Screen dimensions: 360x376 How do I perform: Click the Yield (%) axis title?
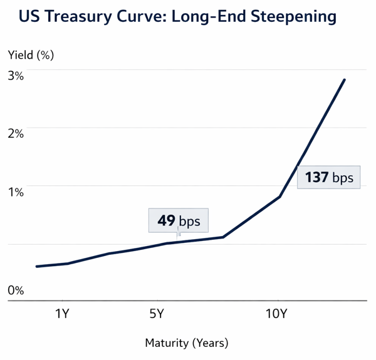[x=31, y=54]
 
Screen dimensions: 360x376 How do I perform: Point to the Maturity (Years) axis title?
[x=187, y=342]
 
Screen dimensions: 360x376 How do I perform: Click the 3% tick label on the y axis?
[x=16, y=76]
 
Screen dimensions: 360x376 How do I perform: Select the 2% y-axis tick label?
[x=16, y=134]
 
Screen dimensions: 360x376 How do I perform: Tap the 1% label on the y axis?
[x=16, y=192]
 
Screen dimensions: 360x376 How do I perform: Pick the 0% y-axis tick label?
[x=16, y=291]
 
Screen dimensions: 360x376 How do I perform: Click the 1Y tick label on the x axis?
[x=61, y=314]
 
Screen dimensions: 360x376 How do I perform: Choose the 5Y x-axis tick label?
[x=156, y=314]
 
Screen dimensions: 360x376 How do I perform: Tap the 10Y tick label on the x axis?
[x=276, y=314]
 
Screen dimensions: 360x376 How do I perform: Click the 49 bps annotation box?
[x=179, y=221]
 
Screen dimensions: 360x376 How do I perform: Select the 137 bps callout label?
[x=328, y=178]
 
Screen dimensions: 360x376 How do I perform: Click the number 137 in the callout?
[x=317, y=178]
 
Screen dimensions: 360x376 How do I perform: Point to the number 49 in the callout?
[x=166, y=221]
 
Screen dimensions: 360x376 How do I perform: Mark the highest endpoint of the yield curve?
[x=345, y=80]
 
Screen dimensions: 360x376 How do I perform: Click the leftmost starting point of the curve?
[x=37, y=267]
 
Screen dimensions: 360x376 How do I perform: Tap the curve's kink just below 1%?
[x=279, y=197]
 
